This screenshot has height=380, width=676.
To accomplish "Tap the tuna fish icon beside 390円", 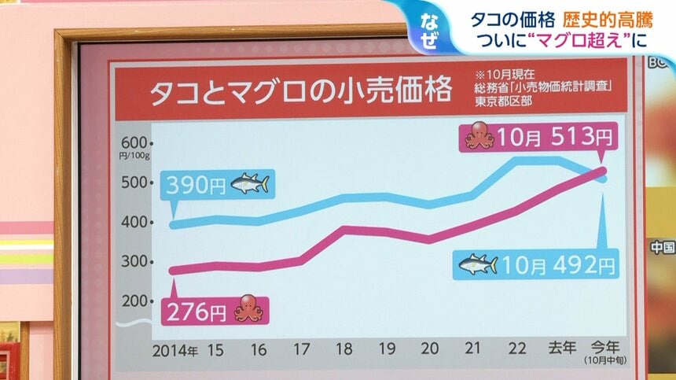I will [250, 184].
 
